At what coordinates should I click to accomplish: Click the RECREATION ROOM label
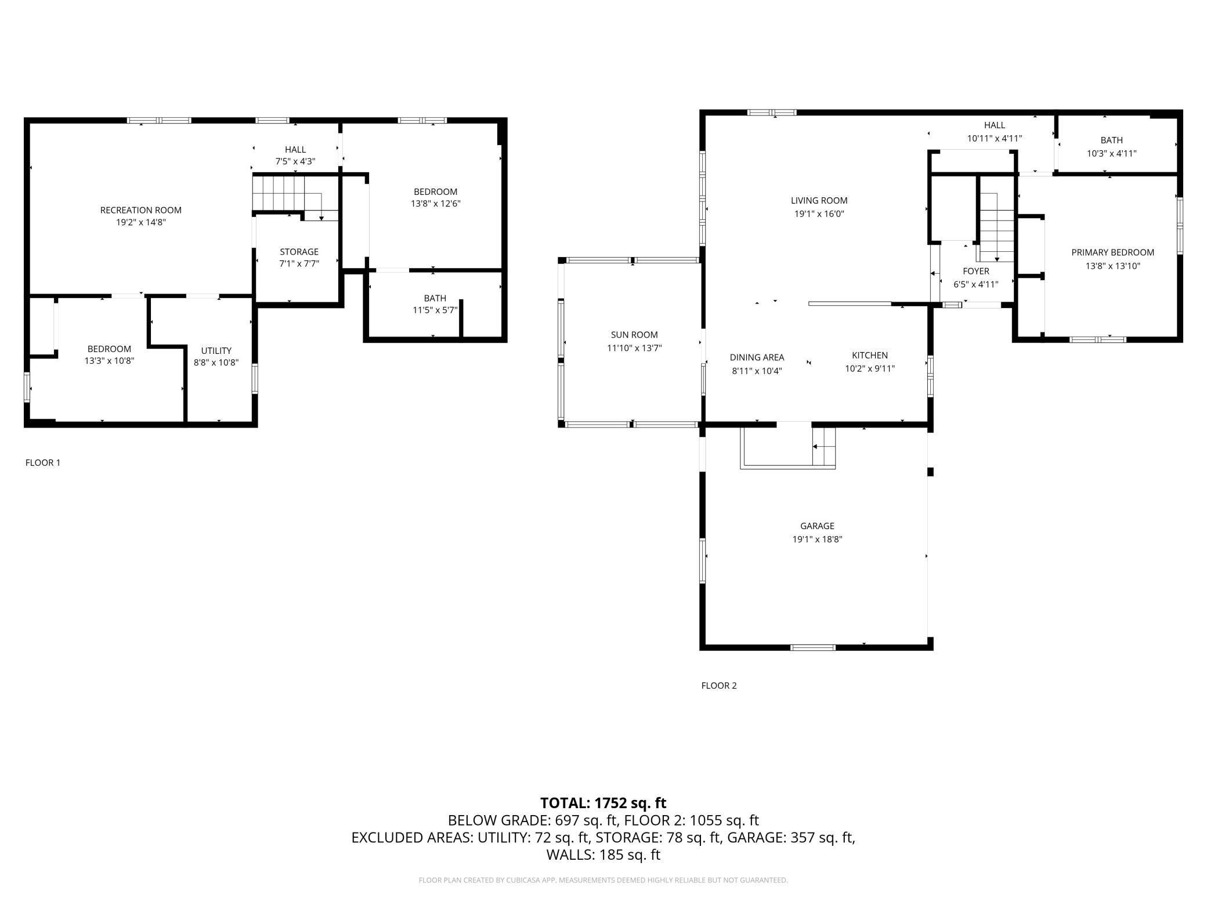[x=141, y=210]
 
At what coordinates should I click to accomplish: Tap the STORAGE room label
[x=299, y=252]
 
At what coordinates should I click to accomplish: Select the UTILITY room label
[x=216, y=350]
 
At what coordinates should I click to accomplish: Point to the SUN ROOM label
[x=634, y=335]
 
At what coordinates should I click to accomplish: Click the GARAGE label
[x=817, y=526]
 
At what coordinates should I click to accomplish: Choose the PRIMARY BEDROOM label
[x=1112, y=252]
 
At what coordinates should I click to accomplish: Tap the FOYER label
[x=976, y=271]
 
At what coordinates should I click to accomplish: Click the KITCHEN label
[x=870, y=355]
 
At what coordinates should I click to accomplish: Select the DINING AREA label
[x=757, y=357]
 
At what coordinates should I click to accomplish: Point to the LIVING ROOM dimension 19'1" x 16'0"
[x=819, y=213]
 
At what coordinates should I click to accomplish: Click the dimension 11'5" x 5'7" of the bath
[x=435, y=310]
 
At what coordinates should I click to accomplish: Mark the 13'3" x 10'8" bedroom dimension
[x=109, y=361]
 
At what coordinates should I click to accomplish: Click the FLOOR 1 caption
[x=43, y=462]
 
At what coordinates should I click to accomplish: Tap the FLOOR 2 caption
[x=719, y=685]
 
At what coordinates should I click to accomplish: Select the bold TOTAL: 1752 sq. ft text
[x=603, y=803]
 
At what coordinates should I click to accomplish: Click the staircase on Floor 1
[x=295, y=197]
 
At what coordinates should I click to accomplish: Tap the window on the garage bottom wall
[x=813, y=647]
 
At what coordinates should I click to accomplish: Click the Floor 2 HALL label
[x=994, y=125]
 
